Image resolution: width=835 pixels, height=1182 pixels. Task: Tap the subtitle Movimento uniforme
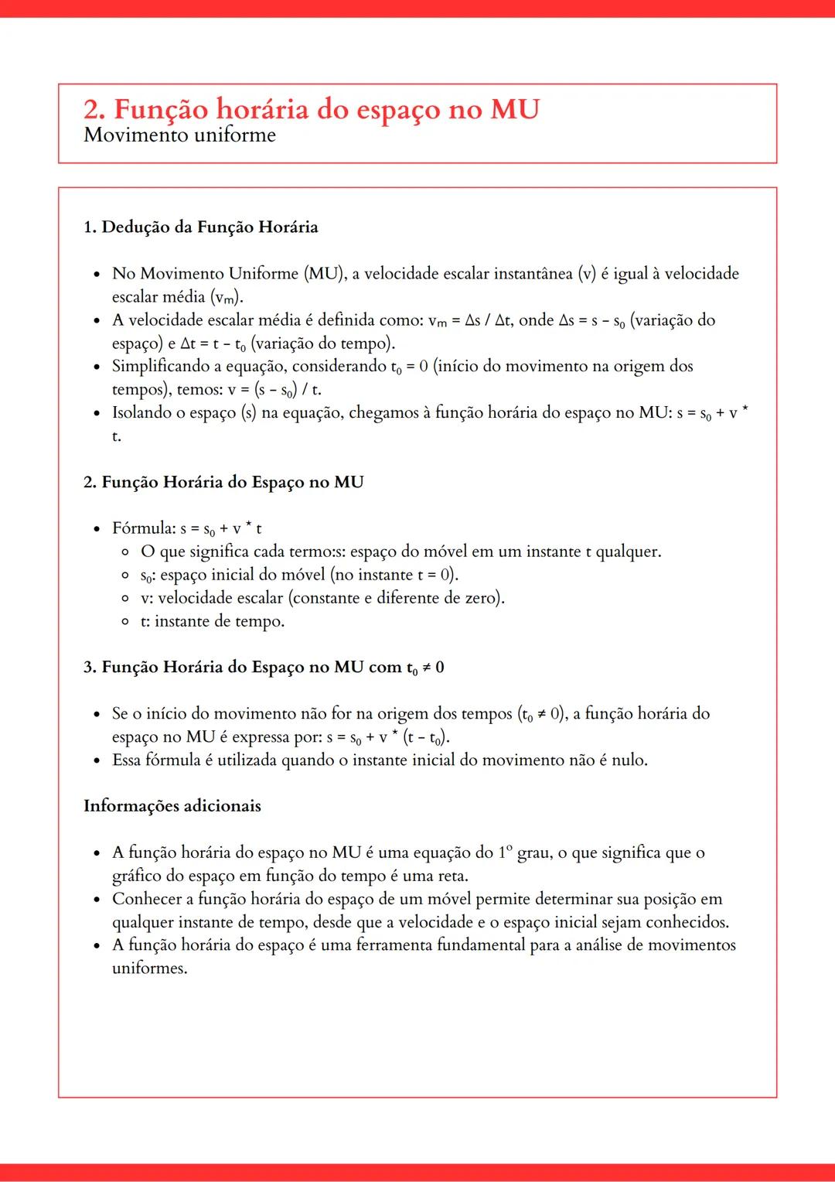(179, 135)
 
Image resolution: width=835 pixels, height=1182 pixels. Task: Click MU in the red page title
(515, 110)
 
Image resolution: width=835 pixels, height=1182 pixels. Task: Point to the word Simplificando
(160, 366)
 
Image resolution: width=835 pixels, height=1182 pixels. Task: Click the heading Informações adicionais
(172, 806)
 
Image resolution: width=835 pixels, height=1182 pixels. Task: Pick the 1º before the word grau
(505, 852)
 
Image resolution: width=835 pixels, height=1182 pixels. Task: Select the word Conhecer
(145, 899)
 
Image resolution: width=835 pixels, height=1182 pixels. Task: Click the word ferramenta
(394, 945)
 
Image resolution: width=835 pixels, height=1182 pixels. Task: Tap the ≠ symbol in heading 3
(426, 668)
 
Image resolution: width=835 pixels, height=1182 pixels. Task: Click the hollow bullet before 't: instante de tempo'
(125, 622)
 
